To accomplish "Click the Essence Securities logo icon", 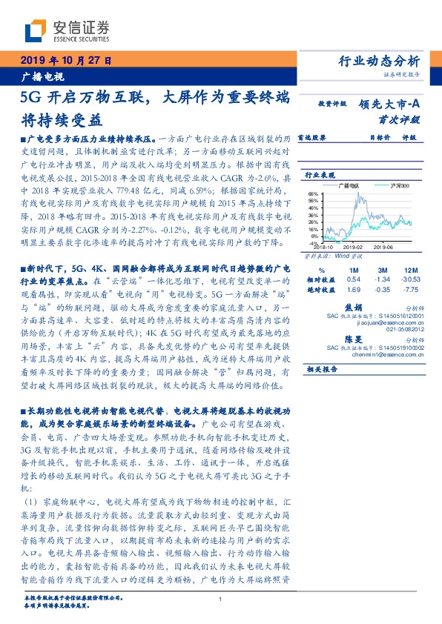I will pyautogui.click(x=33, y=30).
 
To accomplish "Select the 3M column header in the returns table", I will pyautogui.click(x=382, y=269).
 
